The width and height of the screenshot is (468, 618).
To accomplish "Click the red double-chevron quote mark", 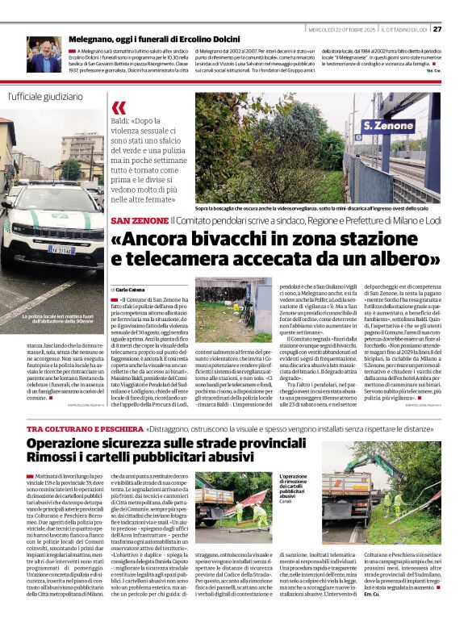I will coord(119,107).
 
